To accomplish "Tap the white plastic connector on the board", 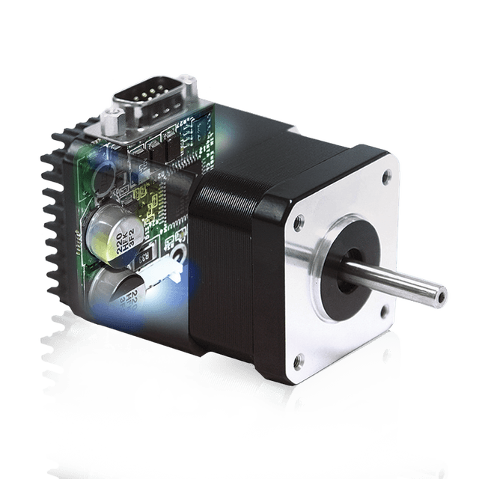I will pos(173,274).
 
